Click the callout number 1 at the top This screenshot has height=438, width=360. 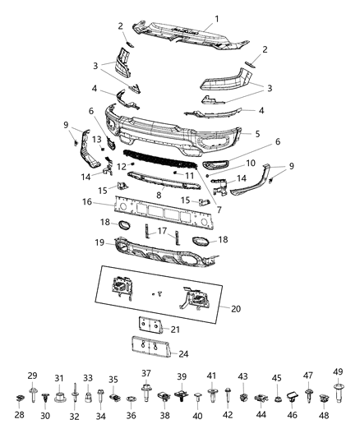click(x=217, y=18)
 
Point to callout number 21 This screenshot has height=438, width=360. click(x=173, y=329)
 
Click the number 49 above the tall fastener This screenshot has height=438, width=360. click(x=337, y=372)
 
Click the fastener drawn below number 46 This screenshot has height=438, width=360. click(x=293, y=401)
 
